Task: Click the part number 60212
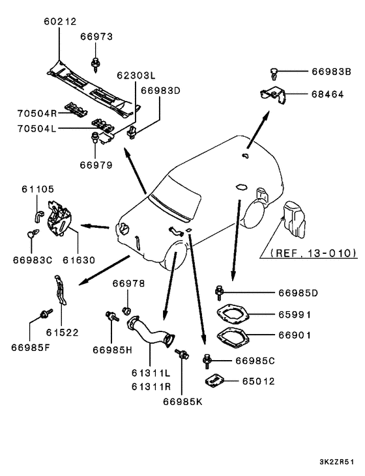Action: point(60,21)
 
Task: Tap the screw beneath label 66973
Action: point(96,64)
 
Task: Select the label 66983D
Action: point(160,91)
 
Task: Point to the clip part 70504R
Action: point(76,109)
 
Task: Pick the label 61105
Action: point(38,189)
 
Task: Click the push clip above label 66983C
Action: point(33,234)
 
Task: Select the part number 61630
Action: point(79,260)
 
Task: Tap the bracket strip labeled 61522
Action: point(61,290)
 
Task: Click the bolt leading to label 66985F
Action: point(46,314)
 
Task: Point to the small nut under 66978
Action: point(126,311)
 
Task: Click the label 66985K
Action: point(182,402)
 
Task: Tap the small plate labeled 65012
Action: point(215,381)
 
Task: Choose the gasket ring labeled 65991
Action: point(233,314)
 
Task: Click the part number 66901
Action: point(295,335)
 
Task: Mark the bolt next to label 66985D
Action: point(219,293)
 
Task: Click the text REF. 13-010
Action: point(313,253)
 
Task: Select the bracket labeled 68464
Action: point(273,96)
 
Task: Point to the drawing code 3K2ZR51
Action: point(336,462)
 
